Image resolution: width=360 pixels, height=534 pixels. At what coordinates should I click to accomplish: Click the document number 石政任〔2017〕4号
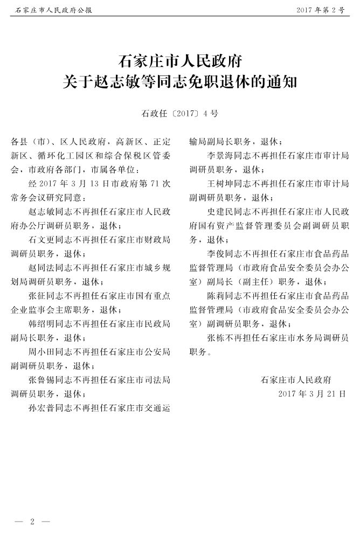pyautogui.click(x=179, y=113)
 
